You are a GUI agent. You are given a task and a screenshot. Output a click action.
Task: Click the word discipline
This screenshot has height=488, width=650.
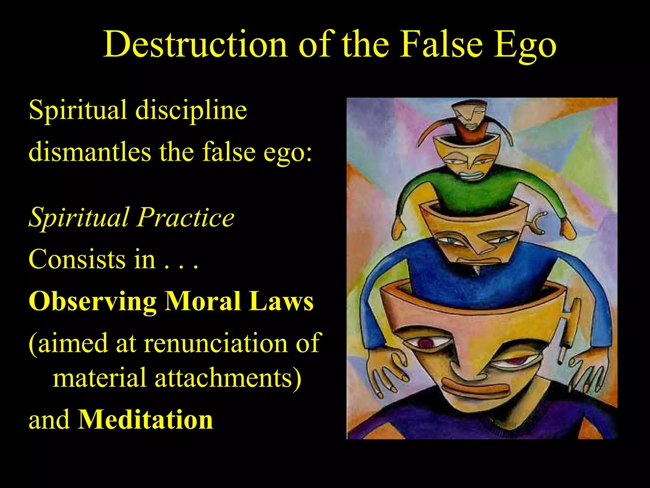pos(191,111)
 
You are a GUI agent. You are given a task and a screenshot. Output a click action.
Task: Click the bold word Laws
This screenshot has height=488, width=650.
pos(281,301)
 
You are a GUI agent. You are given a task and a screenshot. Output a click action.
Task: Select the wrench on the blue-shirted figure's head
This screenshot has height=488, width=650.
pos(536,222)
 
